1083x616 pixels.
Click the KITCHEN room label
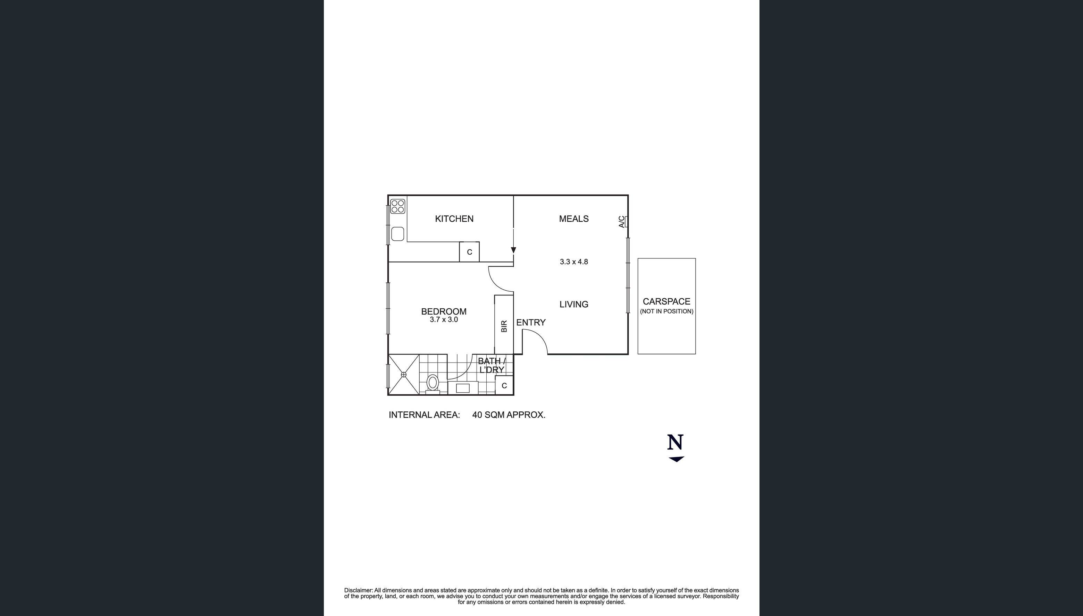(454, 219)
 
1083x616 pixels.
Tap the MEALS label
(574, 219)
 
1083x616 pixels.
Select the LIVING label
(574, 304)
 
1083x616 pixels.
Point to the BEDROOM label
(444, 311)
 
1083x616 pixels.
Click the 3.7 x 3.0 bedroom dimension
(444, 320)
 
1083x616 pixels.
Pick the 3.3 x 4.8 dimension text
(574, 262)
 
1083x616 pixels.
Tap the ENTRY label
(530, 322)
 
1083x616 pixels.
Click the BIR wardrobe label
(504, 326)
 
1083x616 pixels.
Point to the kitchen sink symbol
(397, 233)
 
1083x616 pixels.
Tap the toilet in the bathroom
(432, 383)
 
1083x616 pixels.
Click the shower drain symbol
(403, 375)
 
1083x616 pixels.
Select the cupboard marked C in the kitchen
(469, 252)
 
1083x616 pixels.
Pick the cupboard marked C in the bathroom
(504, 386)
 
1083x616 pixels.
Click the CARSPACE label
(666, 302)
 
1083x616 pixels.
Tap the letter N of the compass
(675, 443)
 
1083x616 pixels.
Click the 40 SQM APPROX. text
(509, 415)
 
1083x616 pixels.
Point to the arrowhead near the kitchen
(513, 250)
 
